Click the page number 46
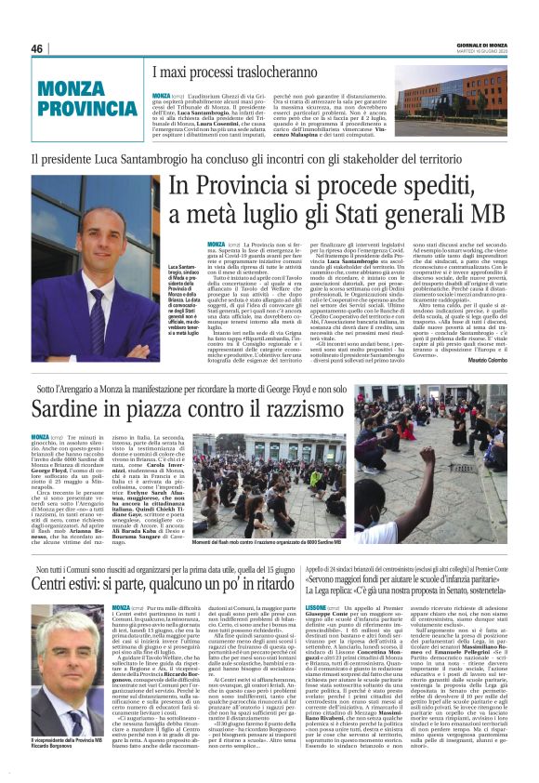tap(38, 48)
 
